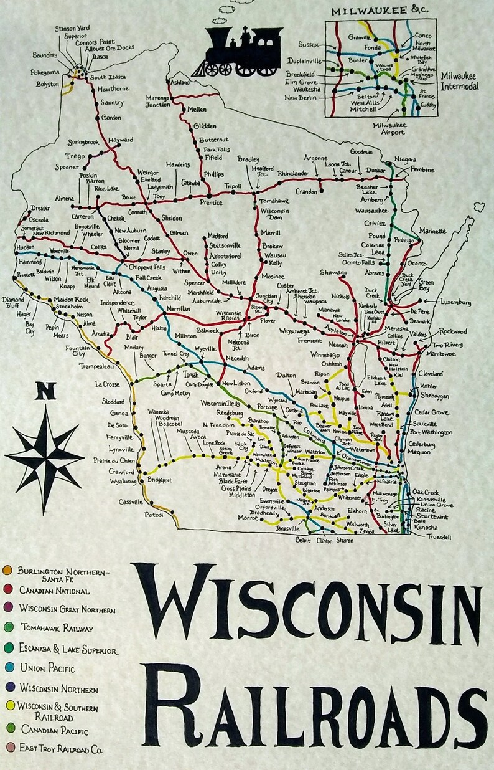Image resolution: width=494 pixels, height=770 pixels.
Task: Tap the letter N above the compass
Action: [45, 392]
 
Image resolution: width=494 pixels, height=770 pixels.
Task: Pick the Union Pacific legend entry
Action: [47, 668]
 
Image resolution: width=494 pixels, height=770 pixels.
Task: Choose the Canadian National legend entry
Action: [54, 590]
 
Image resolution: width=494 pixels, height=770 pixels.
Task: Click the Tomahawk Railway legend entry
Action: [57, 628]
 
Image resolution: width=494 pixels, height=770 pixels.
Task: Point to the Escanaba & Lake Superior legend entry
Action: [67, 650]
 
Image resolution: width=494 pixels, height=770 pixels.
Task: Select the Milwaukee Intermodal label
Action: [460, 81]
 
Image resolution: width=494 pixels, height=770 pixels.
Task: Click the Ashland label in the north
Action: [180, 82]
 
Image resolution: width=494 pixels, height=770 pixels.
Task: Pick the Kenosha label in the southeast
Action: [427, 528]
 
